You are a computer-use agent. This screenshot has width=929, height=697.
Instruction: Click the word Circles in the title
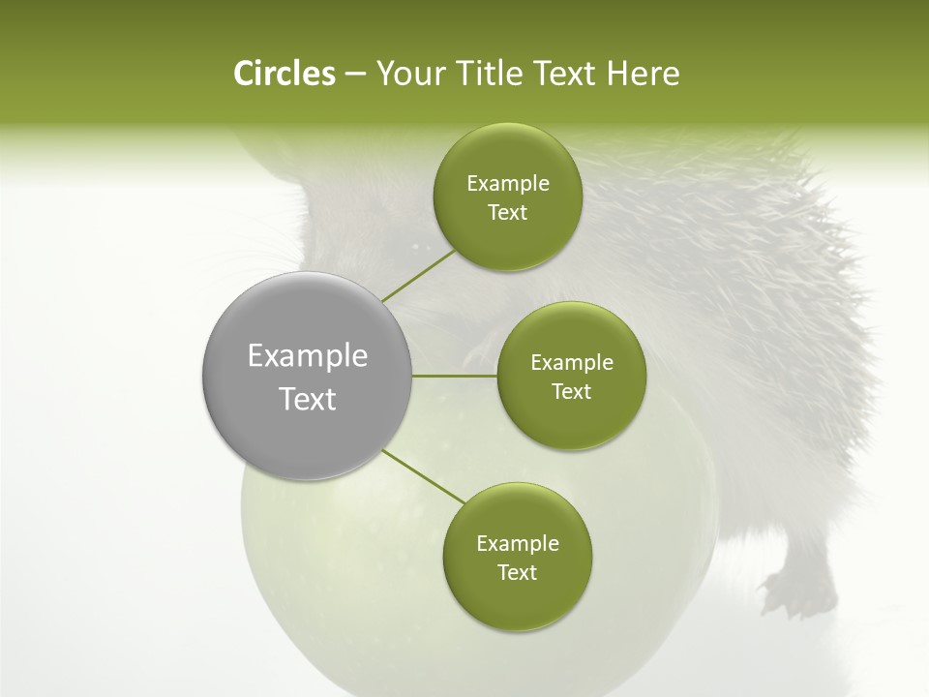pyautogui.click(x=284, y=74)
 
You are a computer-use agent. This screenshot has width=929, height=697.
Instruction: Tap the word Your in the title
pyautogui.click(x=408, y=74)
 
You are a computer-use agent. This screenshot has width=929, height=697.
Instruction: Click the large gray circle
pyautogui.click(x=308, y=376)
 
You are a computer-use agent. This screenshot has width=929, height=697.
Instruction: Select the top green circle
pyautogui.click(x=507, y=197)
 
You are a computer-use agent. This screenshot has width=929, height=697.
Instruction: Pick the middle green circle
pyautogui.click(x=571, y=376)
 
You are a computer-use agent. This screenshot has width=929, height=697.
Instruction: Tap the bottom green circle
pyautogui.click(x=517, y=557)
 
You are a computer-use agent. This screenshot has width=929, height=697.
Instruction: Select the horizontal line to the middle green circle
pyautogui.click(x=455, y=376)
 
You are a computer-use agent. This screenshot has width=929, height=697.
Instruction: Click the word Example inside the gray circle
pyautogui.click(x=308, y=355)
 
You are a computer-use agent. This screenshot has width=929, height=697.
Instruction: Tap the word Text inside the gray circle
pyautogui.click(x=308, y=399)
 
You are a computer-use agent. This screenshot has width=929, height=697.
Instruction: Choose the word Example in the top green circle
pyautogui.click(x=507, y=184)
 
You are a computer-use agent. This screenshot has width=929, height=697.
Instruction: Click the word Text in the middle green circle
pyautogui.click(x=571, y=391)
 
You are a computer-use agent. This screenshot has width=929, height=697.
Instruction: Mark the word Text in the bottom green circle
pyautogui.click(x=517, y=572)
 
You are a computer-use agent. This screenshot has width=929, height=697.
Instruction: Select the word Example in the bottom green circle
pyautogui.click(x=517, y=543)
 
